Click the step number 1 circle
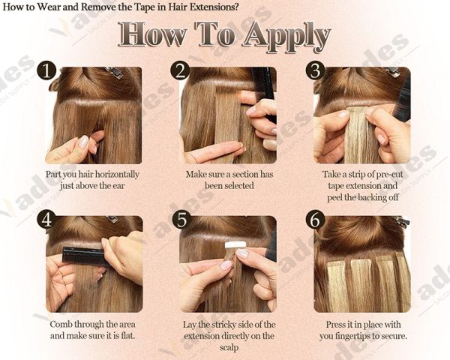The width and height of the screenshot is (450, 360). pyautogui.click(x=47, y=71)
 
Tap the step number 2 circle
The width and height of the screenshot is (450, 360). pyautogui.click(x=180, y=71)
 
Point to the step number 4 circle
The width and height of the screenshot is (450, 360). pyautogui.click(x=47, y=220)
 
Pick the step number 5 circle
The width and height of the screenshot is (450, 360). pyautogui.click(x=180, y=220)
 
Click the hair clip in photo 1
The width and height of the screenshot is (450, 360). pyautogui.click(x=115, y=73)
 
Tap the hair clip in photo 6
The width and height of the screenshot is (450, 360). pyautogui.click(x=401, y=222)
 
